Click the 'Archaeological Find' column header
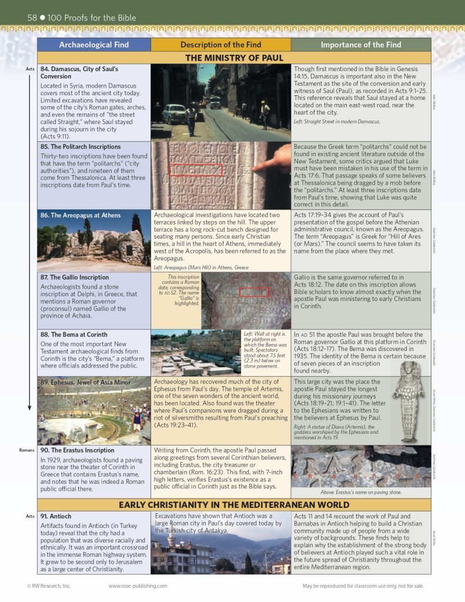pyautogui.click(x=94, y=45)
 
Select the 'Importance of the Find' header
pyautogui.click(x=361, y=45)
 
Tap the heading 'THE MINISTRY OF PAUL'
pyautogui.click(x=234, y=58)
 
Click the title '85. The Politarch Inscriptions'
pyautogui.click(x=81, y=147)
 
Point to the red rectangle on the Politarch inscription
pyautogui.click(x=196, y=170)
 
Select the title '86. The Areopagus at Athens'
pyautogui.click(x=81, y=215)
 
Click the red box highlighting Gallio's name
pyautogui.click(x=253, y=292)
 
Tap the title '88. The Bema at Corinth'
pyautogui.click(x=74, y=335)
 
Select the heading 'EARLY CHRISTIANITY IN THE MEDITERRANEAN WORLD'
pyautogui.click(x=234, y=505)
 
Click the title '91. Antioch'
pyautogui.click(x=56, y=516)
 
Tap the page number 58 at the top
pyautogui.click(x=32, y=18)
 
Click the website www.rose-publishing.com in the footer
pyautogui.click(x=138, y=586)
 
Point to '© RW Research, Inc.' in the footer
pyautogui.click(x=49, y=586)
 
